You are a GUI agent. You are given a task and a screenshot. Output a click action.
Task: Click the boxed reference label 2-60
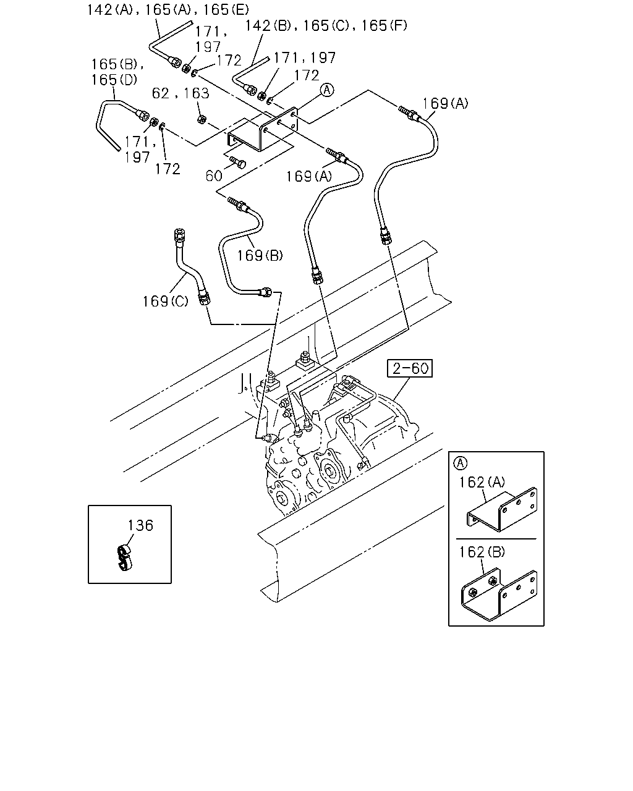pyautogui.click(x=409, y=368)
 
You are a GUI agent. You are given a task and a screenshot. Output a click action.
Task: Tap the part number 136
pyautogui.click(x=140, y=526)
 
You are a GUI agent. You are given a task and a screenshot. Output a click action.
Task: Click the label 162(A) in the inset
pyautogui.click(x=482, y=482)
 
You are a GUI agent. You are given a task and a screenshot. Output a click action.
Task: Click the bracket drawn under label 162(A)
pyautogui.click(x=502, y=510)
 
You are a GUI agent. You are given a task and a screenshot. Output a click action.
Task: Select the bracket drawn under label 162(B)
pyautogui.click(x=499, y=594)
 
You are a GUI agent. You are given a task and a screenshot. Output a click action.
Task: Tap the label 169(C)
pyautogui.click(x=166, y=302)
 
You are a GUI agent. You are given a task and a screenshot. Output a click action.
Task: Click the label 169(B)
pyautogui.click(x=260, y=256)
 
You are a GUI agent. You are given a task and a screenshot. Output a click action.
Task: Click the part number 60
pyautogui.click(x=214, y=176)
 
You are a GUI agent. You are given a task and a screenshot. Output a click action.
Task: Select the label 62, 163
pyautogui.click(x=181, y=93)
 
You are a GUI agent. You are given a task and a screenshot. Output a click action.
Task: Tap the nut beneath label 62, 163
pyautogui.click(x=201, y=119)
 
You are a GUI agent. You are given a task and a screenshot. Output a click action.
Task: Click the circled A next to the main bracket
pyautogui.click(x=327, y=90)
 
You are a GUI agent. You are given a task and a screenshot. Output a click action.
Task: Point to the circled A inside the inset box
pyautogui.click(x=460, y=463)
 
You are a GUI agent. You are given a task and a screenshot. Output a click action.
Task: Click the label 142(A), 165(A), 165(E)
pyautogui.click(x=168, y=10)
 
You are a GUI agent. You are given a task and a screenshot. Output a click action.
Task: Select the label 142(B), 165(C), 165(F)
pyautogui.click(x=326, y=26)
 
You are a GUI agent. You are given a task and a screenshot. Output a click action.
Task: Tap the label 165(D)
pyautogui.click(x=114, y=80)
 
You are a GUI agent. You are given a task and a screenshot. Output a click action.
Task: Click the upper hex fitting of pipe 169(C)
pyautogui.click(x=179, y=235)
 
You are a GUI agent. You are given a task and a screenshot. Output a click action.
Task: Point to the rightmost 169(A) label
pyautogui.click(x=446, y=104)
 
